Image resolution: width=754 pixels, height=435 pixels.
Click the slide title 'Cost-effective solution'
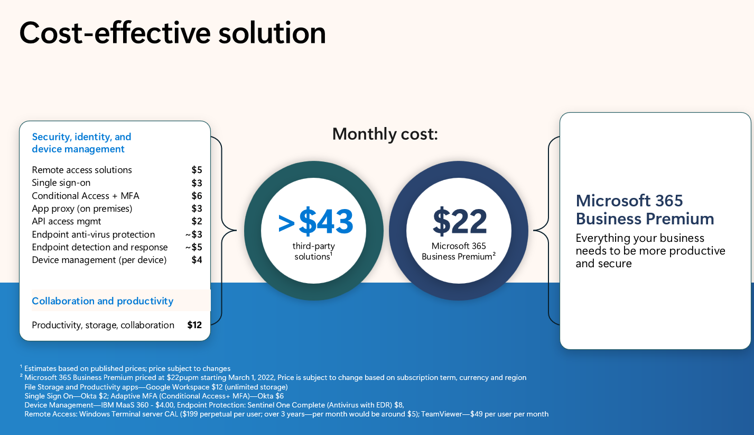click(172, 33)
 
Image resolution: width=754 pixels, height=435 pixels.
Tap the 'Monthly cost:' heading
click(385, 134)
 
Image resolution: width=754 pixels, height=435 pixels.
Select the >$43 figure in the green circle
click(315, 222)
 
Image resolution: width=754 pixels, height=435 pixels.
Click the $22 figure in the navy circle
click(460, 222)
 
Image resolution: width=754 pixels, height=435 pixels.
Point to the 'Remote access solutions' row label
click(82, 170)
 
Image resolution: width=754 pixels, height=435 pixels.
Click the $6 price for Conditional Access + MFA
click(197, 196)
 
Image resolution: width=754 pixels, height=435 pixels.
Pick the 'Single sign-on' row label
click(61, 183)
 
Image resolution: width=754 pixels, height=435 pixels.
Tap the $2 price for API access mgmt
click(197, 221)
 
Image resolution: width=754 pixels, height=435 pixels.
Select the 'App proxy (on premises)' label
click(82, 209)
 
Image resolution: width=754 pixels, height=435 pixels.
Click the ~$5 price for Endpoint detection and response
click(193, 247)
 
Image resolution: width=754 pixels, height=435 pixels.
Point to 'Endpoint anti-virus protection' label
click(93, 234)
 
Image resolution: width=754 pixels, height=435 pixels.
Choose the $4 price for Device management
click(197, 260)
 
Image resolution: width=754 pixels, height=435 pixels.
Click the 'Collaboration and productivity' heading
click(103, 301)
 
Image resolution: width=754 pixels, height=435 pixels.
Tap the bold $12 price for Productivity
click(194, 325)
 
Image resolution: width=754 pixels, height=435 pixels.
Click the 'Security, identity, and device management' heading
click(81, 143)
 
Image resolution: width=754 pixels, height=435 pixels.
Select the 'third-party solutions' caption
click(313, 251)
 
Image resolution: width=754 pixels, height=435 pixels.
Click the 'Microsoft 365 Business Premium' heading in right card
click(645, 210)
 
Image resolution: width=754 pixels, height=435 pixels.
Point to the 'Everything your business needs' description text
click(650, 250)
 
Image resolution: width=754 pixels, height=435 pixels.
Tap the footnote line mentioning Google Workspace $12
click(156, 387)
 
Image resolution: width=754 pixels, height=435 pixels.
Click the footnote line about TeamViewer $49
click(286, 414)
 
